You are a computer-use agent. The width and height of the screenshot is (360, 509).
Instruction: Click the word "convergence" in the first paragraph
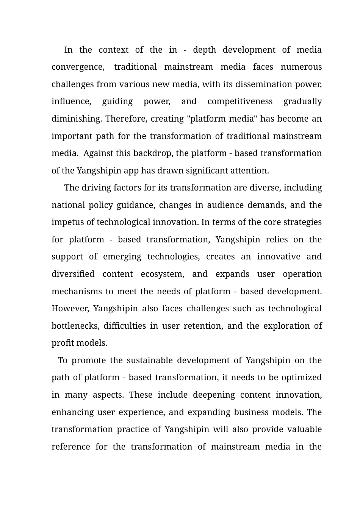tap(78, 67)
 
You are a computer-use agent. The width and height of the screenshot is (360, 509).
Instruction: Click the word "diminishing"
tap(76, 119)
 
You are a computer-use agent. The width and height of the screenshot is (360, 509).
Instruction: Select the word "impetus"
tap(66, 222)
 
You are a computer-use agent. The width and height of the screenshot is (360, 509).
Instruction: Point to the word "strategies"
tap(302, 222)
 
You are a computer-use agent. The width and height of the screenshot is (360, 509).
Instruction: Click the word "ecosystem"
tap(162, 274)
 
